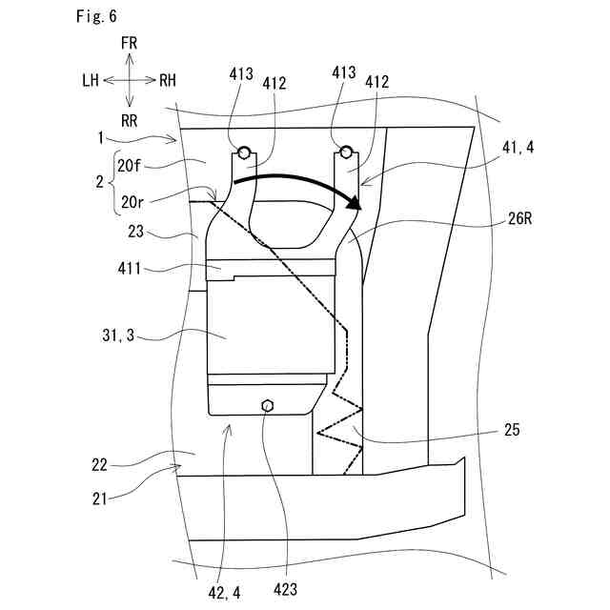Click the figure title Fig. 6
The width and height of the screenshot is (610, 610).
coord(97,17)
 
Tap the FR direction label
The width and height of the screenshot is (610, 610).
coord(131,44)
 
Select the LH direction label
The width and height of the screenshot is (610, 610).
coord(91,81)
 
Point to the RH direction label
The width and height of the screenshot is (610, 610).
coord(168,81)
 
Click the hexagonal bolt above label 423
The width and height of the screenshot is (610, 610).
coord(268,405)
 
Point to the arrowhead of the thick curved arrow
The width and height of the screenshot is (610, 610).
coord(356,202)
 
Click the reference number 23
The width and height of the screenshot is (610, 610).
coord(133,231)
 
